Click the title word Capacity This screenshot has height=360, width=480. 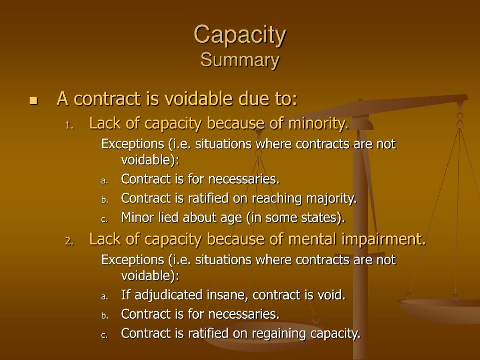[x=240, y=35]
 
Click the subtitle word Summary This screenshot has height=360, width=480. [x=240, y=60]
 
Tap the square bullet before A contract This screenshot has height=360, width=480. [x=33, y=100]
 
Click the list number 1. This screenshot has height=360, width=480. [x=68, y=125]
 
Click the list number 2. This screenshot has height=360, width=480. [x=68, y=241]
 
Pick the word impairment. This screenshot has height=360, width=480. [x=381, y=240]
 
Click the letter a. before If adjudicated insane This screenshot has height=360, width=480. [x=105, y=296]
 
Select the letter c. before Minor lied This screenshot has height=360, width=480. [x=105, y=218]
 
